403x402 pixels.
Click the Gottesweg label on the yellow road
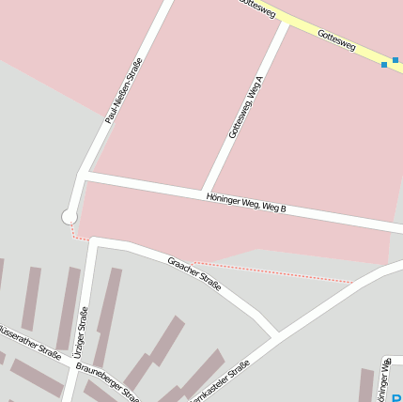pos(336,39)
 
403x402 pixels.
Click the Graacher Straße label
pos(194,273)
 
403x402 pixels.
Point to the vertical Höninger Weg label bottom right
pos(385,379)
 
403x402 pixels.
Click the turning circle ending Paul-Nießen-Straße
pos(70,217)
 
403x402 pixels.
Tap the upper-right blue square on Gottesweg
pos(395,60)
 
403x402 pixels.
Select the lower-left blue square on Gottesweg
pos(384,65)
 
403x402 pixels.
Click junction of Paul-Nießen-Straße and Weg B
pos(83,175)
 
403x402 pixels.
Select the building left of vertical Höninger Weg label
pos(366,384)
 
